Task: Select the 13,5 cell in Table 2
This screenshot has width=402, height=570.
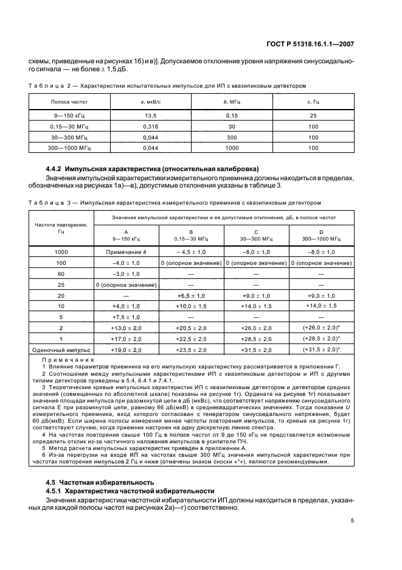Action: [146, 115]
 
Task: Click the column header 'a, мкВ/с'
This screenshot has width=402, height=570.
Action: [146, 101]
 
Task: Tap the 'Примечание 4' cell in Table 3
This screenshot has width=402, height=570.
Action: [126, 251]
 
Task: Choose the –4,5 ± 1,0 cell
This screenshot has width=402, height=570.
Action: [191, 251]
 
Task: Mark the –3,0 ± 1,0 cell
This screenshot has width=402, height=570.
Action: [126, 273]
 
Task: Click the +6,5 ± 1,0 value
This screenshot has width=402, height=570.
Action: [191, 295]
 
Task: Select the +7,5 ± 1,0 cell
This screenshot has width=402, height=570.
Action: [126, 317]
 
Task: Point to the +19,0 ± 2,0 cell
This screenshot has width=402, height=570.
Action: [126, 350]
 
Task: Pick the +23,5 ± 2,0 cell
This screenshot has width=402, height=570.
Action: [191, 350]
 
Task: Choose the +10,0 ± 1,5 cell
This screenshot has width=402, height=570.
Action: [191, 306]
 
